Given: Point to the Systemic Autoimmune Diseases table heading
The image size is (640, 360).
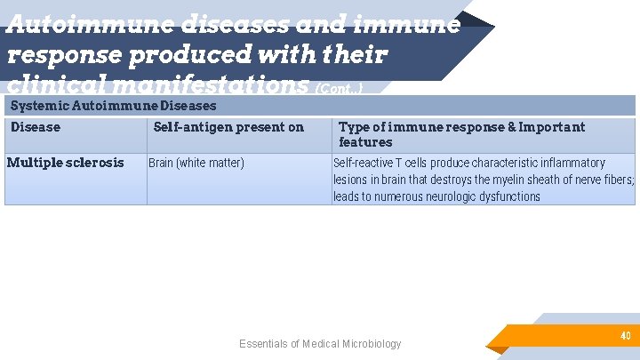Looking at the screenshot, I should coord(113,106).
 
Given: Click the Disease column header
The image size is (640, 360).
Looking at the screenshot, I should coord(36,127).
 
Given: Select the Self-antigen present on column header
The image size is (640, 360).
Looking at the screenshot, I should coord(228,127).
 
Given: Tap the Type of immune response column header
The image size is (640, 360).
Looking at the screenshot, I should coord(461,127).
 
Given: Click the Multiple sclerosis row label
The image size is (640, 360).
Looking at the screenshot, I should coord(66,163).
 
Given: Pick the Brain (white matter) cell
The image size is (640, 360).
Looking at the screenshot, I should coord(196,163).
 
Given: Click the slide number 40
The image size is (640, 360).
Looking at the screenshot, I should coord(625,336).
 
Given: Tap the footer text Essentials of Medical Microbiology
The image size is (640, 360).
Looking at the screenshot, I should coord(320,344).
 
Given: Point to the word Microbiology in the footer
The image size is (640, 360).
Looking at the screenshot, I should coord(370,344).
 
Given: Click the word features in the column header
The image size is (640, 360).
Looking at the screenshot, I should coord(365,142).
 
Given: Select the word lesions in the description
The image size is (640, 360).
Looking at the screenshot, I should coord(351,180).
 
